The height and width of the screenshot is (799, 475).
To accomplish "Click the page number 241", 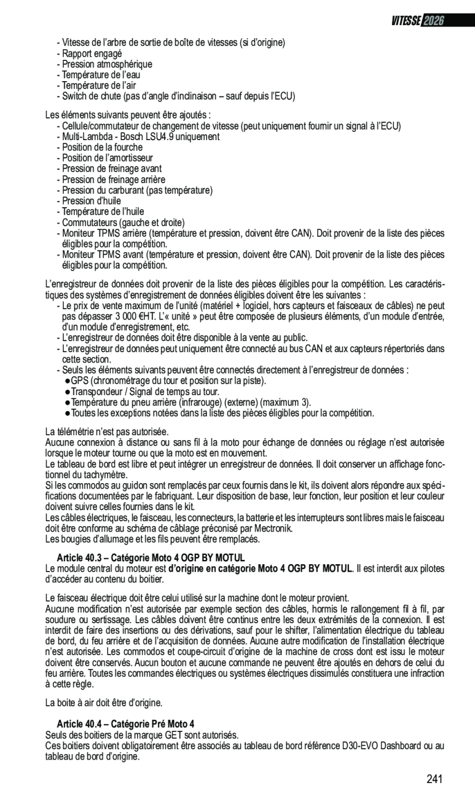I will (x=434, y=779).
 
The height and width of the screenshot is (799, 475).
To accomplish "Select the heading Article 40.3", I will (x=151, y=557).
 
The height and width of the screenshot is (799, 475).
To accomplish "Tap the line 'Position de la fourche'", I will (x=102, y=147).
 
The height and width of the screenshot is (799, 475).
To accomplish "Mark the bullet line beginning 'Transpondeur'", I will (x=145, y=391).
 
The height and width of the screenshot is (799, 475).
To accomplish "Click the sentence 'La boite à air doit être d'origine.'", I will (x=104, y=703).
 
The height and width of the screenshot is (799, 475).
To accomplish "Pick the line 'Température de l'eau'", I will (x=101, y=75).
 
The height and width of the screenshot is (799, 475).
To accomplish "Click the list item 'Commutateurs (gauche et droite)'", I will (x=123, y=222).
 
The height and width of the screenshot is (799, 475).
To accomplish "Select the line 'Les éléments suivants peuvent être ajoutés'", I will (x=128, y=115).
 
